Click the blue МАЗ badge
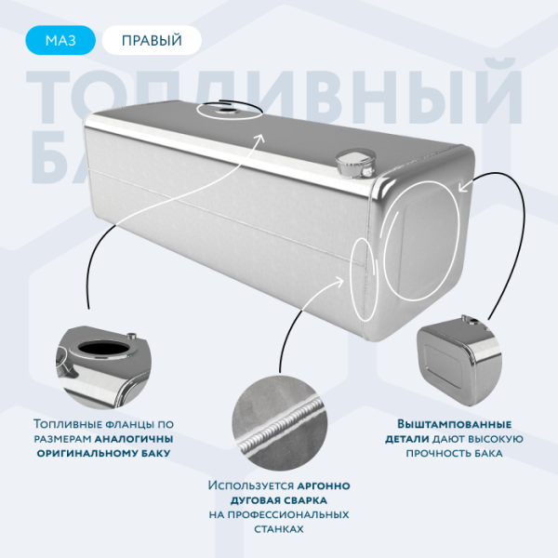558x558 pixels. point(58,39)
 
